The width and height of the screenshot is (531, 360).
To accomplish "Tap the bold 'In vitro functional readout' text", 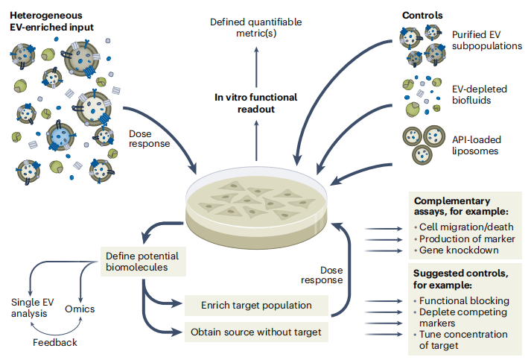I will tap(255, 103).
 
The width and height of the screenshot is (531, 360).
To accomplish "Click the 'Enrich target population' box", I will tap(245, 304).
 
